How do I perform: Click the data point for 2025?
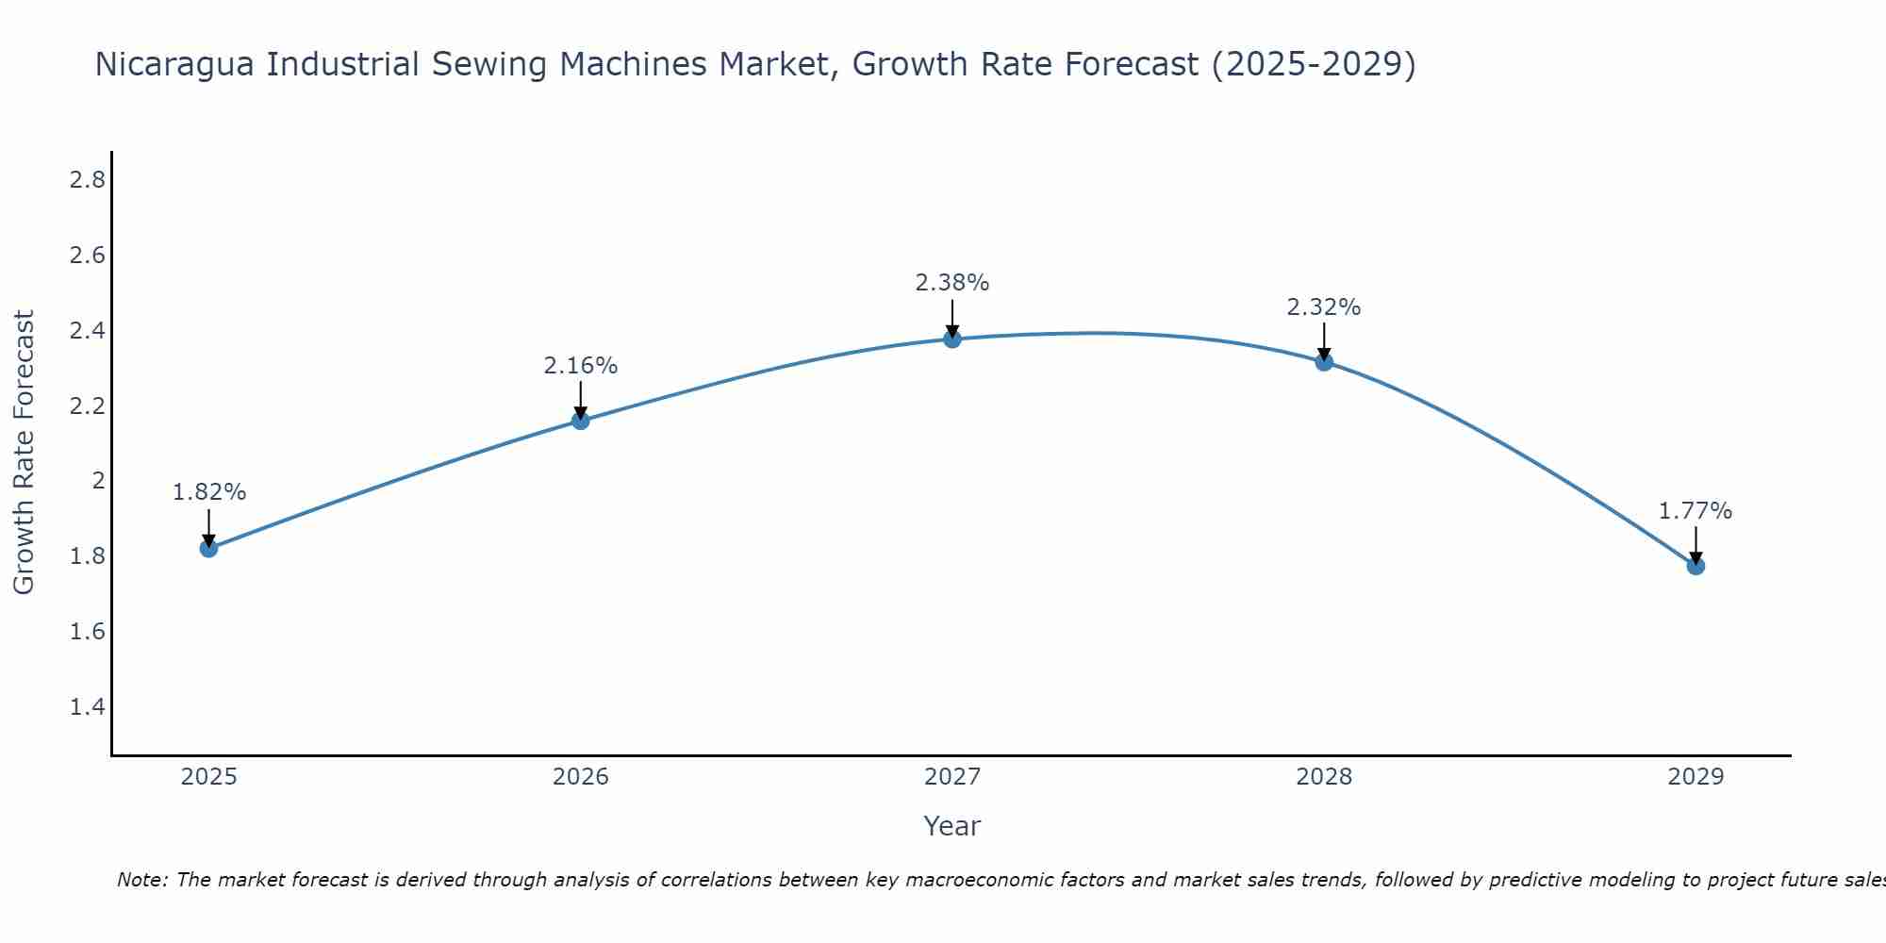(209, 548)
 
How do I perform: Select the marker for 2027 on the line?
(952, 339)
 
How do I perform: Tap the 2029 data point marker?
(1696, 566)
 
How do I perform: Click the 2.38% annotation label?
(952, 283)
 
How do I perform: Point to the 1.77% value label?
(1696, 511)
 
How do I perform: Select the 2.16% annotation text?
(581, 366)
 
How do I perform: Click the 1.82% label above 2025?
(209, 492)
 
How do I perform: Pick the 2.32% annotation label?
(1324, 307)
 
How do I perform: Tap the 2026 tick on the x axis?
(581, 777)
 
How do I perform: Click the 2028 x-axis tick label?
(1324, 777)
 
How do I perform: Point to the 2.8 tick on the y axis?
(88, 180)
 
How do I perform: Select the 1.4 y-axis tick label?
(88, 706)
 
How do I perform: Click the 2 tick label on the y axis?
(98, 481)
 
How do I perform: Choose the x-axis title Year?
(952, 826)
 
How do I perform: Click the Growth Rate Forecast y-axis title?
(25, 453)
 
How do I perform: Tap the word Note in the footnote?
(141, 880)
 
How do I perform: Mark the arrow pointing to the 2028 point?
(1324, 341)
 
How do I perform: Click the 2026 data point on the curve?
(581, 421)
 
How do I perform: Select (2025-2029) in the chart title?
(1314, 64)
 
